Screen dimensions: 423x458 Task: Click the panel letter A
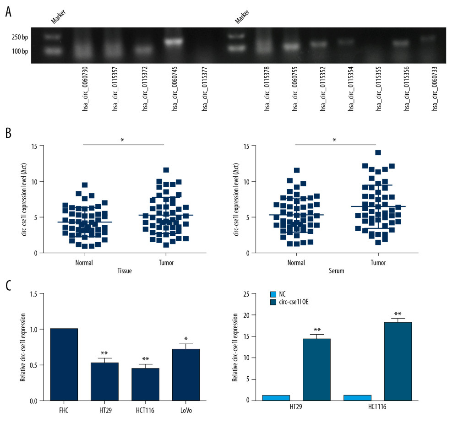click(8, 11)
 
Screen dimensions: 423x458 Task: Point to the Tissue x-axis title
click(124, 271)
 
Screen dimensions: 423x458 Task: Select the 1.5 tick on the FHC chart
click(33, 293)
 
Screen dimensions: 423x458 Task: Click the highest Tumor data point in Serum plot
click(378, 153)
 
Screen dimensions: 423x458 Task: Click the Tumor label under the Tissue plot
click(164, 263)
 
